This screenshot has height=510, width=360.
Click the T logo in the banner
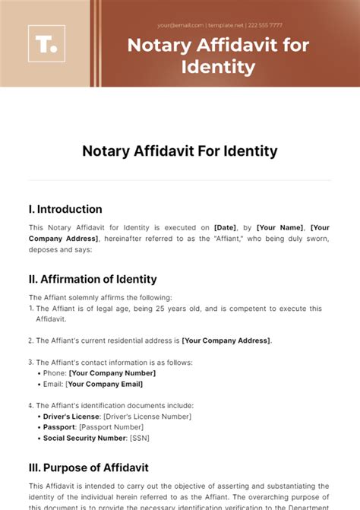click(46, 43)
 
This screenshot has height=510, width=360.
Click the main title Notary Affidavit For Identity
click(179, 151)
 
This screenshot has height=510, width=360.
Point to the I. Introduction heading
click(65, 209)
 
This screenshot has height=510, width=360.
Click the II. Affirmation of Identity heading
click(93, 279)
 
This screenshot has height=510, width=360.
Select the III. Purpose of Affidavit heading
click(89, 467)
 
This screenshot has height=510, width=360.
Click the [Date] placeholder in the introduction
click(226, 227)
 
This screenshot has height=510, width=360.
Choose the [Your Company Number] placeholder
click(112, 372)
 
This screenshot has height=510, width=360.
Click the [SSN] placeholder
click(140, 439)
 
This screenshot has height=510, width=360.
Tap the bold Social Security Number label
click(85, 439)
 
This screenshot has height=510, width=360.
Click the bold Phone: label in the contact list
click(55, 372)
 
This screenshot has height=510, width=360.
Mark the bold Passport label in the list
click(60, 427)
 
